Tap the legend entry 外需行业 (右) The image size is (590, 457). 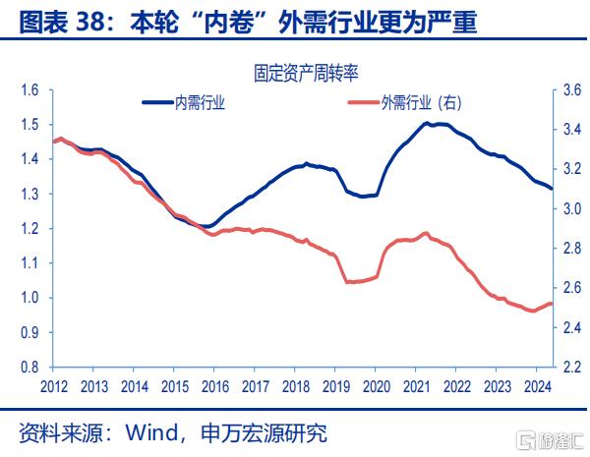(420, 102)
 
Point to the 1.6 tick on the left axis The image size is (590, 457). (28, 90)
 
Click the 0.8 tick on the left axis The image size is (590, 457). (28, 367)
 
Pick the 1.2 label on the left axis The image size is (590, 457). (28, 229)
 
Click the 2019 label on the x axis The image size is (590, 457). (335, 385)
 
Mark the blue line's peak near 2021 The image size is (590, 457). (427, 124)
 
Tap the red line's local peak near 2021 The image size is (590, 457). (425, 234)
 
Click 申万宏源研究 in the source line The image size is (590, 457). (262, 433)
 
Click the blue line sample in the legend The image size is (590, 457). (156, 101)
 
